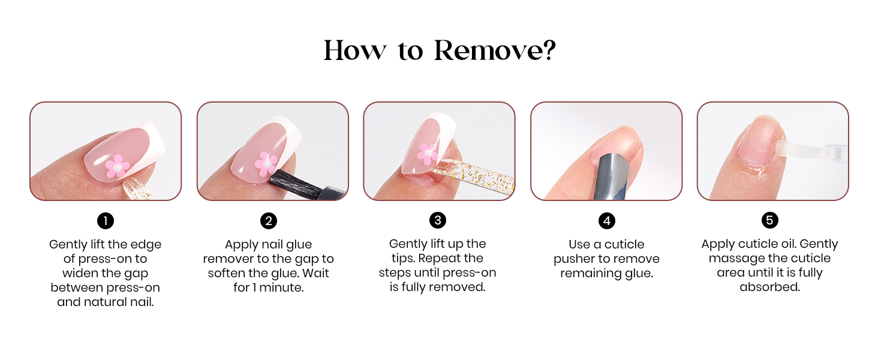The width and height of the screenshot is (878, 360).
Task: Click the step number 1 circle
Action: click(x=106, y=221)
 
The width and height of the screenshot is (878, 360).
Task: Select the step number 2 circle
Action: click(x=269, y=221)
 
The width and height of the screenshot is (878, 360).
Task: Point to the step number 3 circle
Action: click(x=438, y=220)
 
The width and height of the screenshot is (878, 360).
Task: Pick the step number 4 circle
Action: click(x=607, y=221)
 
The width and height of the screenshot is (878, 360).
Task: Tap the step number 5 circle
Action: click(x=770, y=220)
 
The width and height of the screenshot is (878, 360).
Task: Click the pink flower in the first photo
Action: click(x=117, y=166)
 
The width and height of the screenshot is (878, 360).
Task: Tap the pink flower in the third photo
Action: click(x=427, y=154)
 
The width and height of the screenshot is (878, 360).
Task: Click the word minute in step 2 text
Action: click(x=281, y=287)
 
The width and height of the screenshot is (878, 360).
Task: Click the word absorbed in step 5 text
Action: click(x=770, y=287)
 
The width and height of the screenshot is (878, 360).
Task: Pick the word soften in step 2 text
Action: click(x=226, y=273)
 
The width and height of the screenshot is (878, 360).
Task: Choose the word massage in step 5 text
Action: click(x=736, y=259)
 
